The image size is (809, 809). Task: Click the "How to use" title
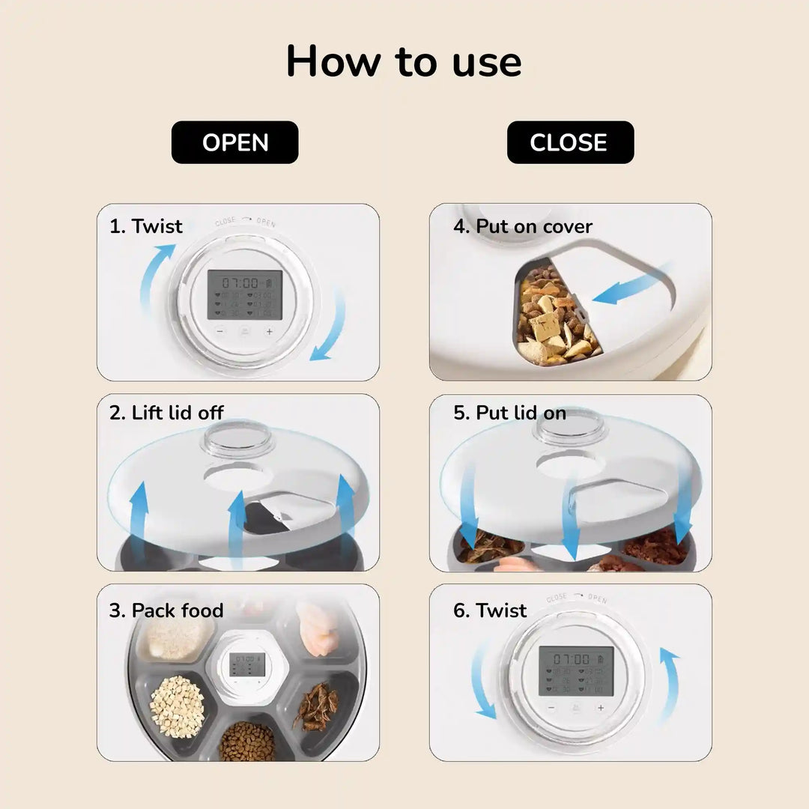[x=404, y=61]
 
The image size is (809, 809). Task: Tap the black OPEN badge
[x=235, y=142]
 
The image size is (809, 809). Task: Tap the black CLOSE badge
[x=569, y=142]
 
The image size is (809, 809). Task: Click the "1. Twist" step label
[x=146, y=226]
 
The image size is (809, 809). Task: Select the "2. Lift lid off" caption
[x=166, y=413]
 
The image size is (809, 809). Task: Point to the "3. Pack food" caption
[x=166, y=610]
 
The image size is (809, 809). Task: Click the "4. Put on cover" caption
[x=523, y=226]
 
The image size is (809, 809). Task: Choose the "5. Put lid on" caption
[x=509, y=413]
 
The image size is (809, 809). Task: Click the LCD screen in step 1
[x=244, y=294]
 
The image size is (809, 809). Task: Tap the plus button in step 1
[x=269, y=331]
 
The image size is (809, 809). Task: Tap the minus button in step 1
[x=220, y=331]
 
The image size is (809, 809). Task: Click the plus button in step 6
[x=600, y=707]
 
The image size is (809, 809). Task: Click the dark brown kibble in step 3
[x=248, y=741]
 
